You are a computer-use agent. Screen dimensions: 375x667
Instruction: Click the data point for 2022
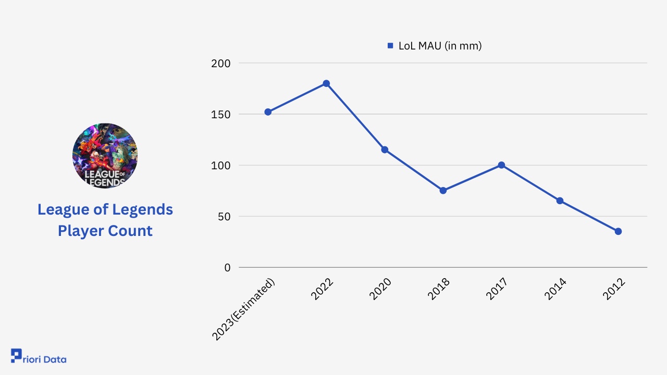326,83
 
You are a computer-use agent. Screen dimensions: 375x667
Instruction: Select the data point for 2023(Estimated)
268,112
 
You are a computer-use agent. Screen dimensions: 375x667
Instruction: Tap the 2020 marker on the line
385,149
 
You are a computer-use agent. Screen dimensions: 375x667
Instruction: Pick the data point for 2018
443,191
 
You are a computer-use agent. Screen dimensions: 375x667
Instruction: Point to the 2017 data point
501,165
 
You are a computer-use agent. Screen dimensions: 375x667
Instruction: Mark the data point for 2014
560,201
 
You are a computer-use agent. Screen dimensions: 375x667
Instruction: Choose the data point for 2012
618,231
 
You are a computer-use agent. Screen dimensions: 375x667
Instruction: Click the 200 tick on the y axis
220,64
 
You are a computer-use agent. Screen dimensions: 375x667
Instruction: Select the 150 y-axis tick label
220,115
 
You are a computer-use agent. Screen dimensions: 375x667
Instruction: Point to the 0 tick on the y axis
227,268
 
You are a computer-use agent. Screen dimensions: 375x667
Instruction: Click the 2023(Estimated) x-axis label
244,309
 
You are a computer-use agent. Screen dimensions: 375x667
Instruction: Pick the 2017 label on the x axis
496,289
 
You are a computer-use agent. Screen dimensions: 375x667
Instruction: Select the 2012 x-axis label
613,289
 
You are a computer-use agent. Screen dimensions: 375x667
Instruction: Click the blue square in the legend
390,46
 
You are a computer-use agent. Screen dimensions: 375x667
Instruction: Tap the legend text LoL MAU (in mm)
440,46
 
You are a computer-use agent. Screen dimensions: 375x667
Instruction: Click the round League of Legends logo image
105,156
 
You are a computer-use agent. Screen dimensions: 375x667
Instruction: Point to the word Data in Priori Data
55,359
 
